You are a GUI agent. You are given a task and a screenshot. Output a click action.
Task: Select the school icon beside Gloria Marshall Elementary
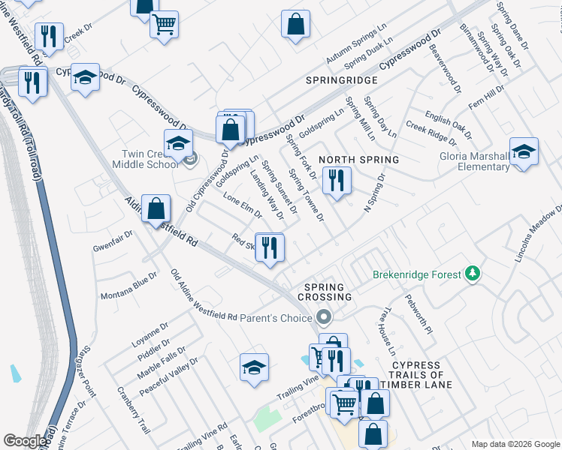524,152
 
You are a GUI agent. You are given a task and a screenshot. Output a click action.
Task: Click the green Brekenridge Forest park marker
473,274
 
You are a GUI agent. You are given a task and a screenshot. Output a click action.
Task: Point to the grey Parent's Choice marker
325,319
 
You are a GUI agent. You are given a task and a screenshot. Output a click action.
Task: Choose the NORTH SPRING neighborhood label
358,160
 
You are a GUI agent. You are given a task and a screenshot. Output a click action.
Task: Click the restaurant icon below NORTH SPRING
336,181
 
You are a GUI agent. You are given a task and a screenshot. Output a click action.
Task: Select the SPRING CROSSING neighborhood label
324,292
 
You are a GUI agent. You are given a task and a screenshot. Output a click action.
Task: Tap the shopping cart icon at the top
164,23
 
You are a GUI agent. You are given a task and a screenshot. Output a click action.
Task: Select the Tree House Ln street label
388,333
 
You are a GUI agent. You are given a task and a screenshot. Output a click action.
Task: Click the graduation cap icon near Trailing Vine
254,367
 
